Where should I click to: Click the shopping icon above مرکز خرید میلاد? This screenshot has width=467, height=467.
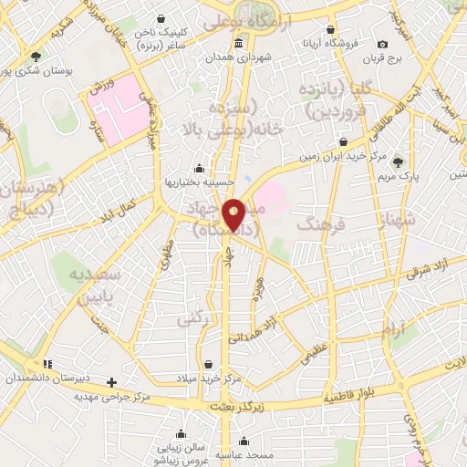coord(210,363)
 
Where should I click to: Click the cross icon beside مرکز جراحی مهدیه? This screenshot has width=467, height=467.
coord(112,382)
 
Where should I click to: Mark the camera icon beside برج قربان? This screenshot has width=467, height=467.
coord(383,44)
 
